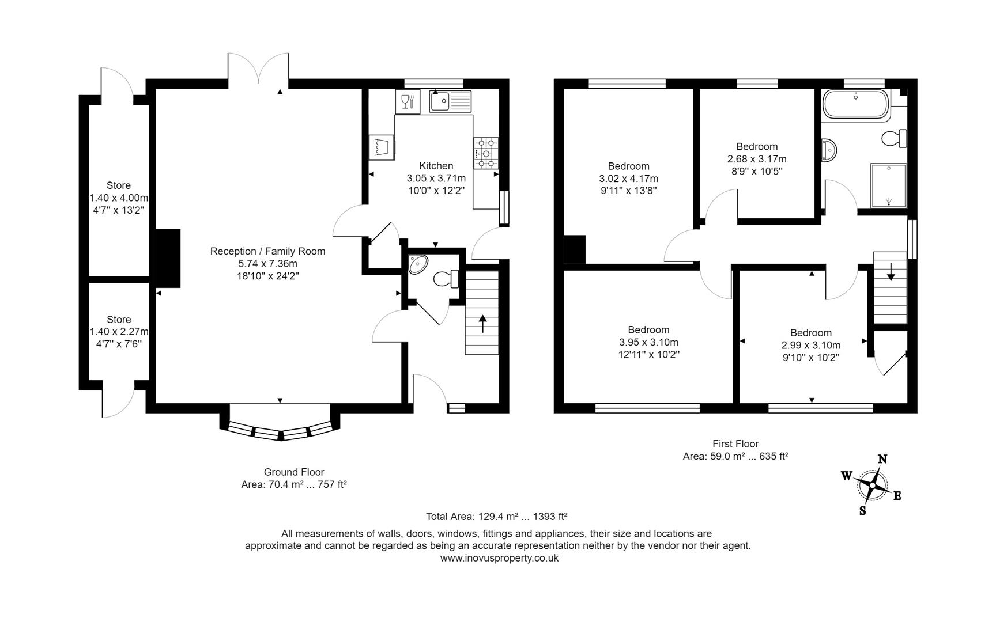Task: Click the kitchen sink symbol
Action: click(x=450, y=101)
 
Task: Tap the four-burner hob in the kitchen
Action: click(x=486, y=154)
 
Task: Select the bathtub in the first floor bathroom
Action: click(x=856, y=104)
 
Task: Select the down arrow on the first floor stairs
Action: click(x=891, y=271)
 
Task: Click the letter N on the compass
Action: click(x=882, y=459)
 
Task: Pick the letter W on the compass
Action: click(x=846, y=476)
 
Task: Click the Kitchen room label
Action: click(x=436, y=166)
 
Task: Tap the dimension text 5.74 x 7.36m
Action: click(x=267, y=264)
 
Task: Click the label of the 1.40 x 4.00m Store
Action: click(x=118, y=185)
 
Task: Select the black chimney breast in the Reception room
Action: click(x=168, y=258)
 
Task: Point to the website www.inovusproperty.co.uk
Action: click(x=499, y=558)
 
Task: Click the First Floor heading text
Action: click(x=735, y=444)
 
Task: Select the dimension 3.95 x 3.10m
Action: click(x=648, y=343)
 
